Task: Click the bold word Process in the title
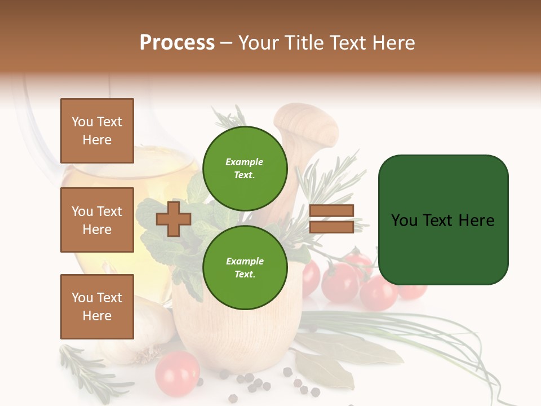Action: click(x=177, y=43)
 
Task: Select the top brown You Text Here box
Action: click(x=97, y=131)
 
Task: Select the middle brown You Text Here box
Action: click(x=97, y=220)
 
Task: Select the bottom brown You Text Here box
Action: click(x=97, y=306)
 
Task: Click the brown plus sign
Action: click(x=174, y=219)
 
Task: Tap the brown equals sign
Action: click(x=331, y=219)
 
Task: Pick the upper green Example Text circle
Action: click(x=245, y=168)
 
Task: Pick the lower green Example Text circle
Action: click(x=245, y=267)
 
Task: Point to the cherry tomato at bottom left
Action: click(x=177, y=374)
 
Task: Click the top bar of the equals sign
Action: click(x=331, y=211)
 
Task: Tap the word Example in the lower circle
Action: click(x=245, y=261)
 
